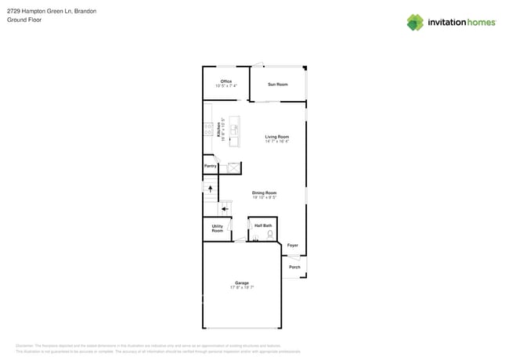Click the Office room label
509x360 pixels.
tap(226, 81)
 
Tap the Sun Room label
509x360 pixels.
tap(277, 84)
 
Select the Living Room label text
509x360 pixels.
tap(277, 137)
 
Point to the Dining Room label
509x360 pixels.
tap(264, 193)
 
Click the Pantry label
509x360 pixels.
tap(210, 166)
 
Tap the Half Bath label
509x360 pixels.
tap(263, 225)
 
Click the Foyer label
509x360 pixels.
tap(292, 245)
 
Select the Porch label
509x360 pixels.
tap(294, 267)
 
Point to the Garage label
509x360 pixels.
tap(242, 283)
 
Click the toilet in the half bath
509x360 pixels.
tap(269, 235)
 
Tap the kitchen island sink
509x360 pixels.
tap(233, 129)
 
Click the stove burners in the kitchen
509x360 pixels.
tap(208, 131)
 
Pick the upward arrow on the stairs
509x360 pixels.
tap(210, 189)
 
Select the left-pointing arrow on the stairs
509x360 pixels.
tap(225, 209)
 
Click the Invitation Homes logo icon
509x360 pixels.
tap(415, 23)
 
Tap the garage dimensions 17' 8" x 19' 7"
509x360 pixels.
tap(242, 287)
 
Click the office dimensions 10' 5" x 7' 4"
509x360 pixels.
tap(226, 86)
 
